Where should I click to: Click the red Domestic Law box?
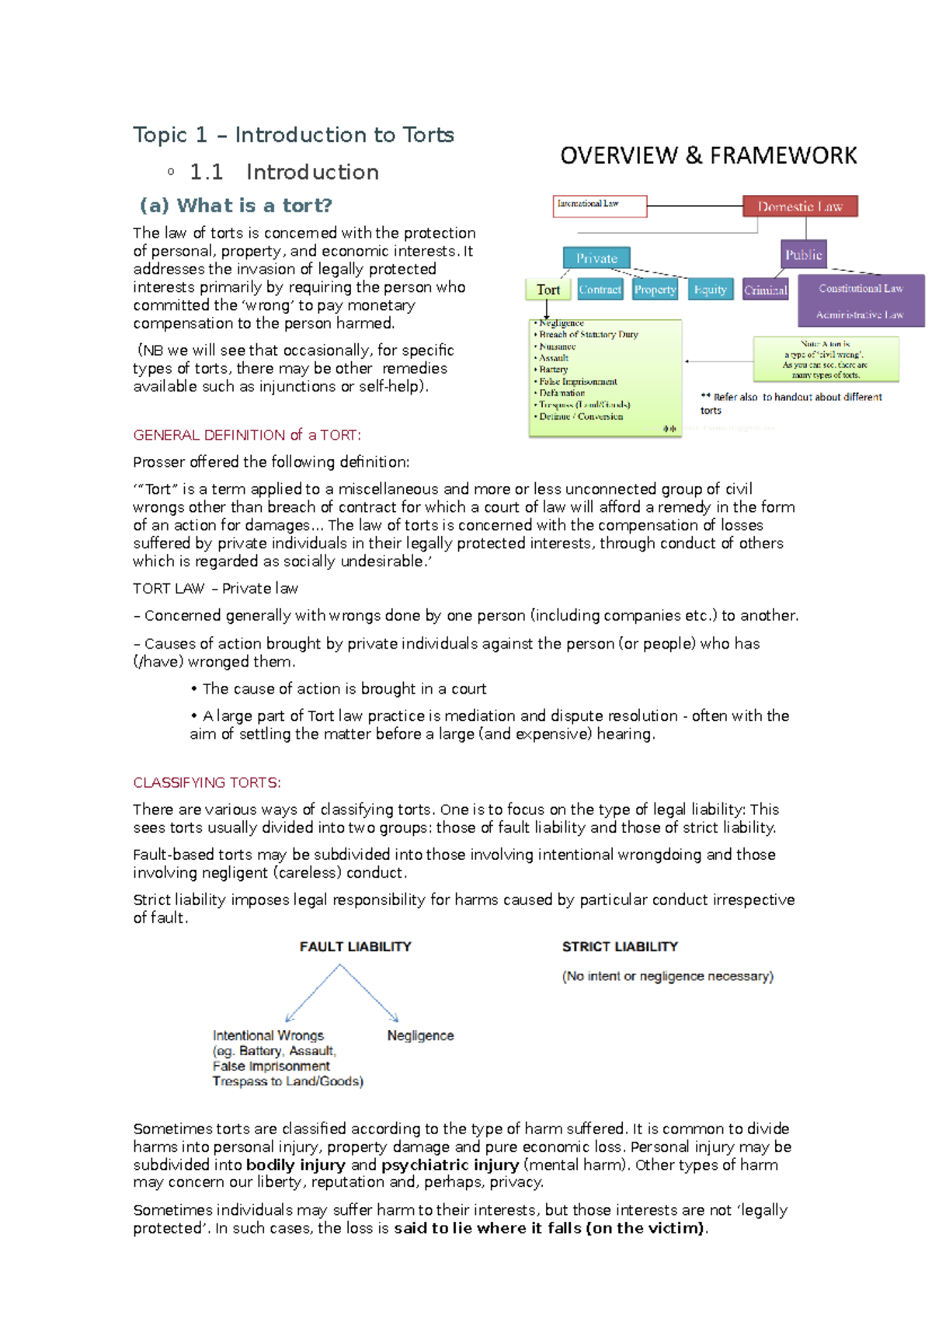(x=800, y=207)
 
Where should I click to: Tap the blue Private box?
(x=596, y=258)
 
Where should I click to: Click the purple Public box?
(x=803, y=255)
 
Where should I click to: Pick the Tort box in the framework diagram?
(x=548, y=290)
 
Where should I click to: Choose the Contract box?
(x=600, y=290)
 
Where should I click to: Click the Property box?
(x=655, y=290)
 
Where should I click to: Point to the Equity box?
(x=710, y=290)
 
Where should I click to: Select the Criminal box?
(x=765, y=290)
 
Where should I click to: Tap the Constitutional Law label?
(x=861, y=288)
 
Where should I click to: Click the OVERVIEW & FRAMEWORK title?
(x=708, y=156)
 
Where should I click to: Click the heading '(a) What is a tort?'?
(x=235, y=206)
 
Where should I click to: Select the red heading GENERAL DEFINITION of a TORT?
(x=247, y=435)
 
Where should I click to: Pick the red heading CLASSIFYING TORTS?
(x=207, y=782)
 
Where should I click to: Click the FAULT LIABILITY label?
(x=355, y=946)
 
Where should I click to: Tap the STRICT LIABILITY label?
(x=620, y=946)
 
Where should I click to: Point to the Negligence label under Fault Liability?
(x=420, y=1035)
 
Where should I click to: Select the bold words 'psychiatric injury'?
(x=450, y=1164)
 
